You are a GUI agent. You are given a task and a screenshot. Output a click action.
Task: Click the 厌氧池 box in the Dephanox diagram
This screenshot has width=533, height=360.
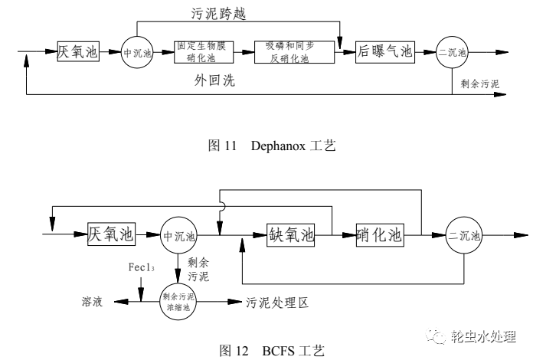click(x=79, y=52)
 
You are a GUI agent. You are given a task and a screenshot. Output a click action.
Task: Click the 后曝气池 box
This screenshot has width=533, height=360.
click(x=384, y=52)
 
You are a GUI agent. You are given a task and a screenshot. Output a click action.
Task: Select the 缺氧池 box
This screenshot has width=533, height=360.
click(x=291, y=234)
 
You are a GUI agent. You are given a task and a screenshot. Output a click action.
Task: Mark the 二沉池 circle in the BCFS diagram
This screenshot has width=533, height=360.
click(x=464, y=235)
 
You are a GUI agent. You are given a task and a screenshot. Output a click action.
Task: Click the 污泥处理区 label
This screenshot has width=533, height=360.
click(x=276, y=303)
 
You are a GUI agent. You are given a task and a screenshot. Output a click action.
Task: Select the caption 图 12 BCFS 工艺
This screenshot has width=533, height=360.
click(x=267, y=351)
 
